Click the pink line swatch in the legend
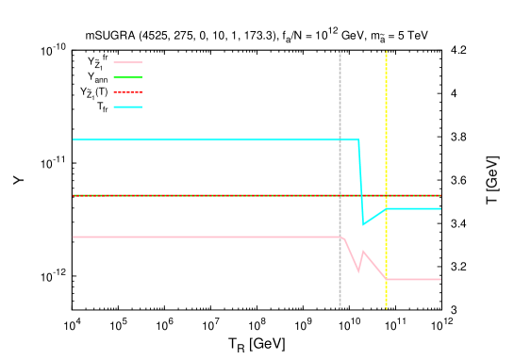tap(127, 62)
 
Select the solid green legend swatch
tap(127, 77)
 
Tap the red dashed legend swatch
tap(127, 92)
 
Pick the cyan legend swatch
tap(127, 106)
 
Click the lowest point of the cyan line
tap(363, 224)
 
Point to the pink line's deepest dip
tap(358, 270)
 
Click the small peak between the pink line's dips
tap(363, 252)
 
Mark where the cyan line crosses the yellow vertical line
tap(386, 208)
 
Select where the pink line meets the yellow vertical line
tap(386, 279)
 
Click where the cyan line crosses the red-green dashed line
tap(361, 195)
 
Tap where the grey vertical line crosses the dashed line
tap(340, 195)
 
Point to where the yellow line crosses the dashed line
tap(386, 195)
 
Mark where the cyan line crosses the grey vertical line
tap(340, 139)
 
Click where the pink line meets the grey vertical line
tap(340, 237)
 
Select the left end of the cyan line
tap(74, 139)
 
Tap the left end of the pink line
tap(74, 237)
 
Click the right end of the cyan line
tap(440, 208)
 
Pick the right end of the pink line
tap(440, 279)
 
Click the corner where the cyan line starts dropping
tap(358, 139)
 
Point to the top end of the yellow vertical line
tap(386, 52)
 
